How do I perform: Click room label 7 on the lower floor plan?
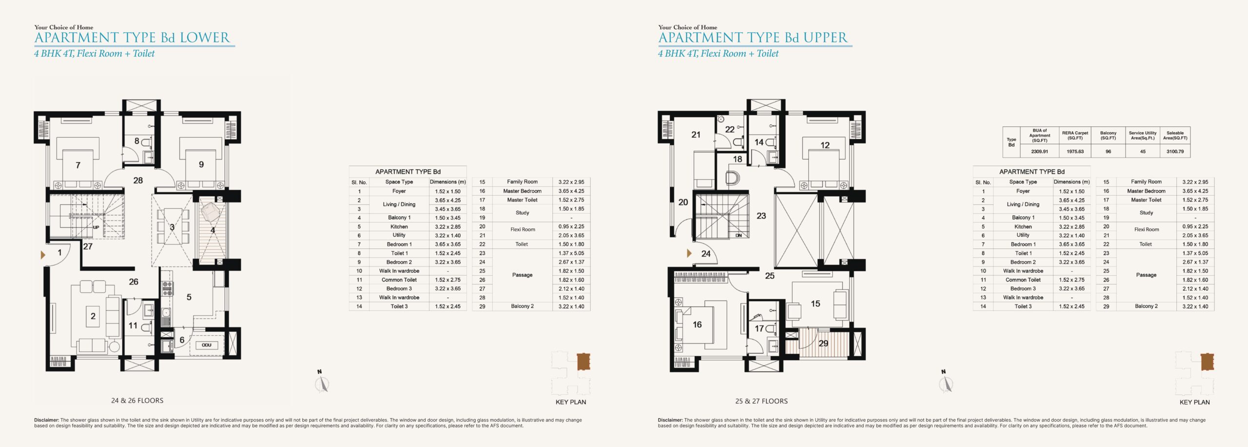78,165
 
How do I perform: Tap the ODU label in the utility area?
207,345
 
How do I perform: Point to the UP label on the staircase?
96,227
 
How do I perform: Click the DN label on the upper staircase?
739,235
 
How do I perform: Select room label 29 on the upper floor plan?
823,343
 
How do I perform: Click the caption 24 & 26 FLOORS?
137,401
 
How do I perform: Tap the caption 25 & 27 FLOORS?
761,401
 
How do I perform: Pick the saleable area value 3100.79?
1175,151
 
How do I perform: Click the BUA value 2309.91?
1039,151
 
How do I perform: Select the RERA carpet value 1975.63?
1075,151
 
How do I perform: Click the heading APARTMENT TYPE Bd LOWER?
132,38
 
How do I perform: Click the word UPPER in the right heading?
826,38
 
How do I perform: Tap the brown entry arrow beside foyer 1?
43,255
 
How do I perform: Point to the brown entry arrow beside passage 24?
689,253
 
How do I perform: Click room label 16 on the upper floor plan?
697,325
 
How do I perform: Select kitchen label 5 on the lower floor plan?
189,297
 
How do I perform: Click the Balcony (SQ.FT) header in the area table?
1108,135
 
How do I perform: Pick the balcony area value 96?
1108,151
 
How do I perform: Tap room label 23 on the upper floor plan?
761,216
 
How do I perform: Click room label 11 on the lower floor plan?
133,325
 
